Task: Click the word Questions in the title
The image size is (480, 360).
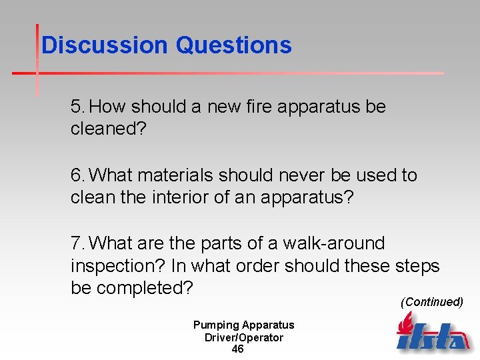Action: click(233, 45)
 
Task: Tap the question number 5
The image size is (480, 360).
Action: click(77, 107)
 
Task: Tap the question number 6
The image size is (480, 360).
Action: click(77, 175)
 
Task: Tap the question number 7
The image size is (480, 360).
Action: click(77, 244)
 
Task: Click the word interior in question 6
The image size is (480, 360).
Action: click(190, 197)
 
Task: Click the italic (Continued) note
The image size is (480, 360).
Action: click(431, 302)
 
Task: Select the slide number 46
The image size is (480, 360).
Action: click(237, 349)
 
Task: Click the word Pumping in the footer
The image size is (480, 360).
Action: click(215, 325)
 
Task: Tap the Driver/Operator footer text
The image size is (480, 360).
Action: click(243, 337)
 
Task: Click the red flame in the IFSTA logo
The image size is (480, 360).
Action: click(405, 323)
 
